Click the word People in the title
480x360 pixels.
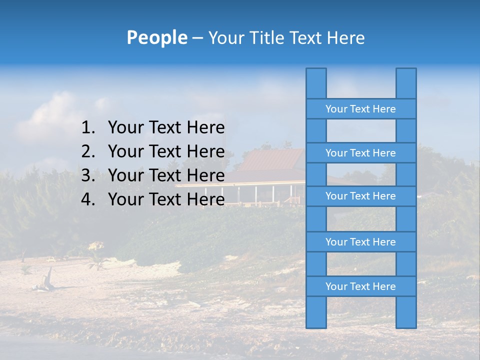pyautogui.click(x=156, y=38)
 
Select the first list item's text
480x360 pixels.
pyautogui.click(x=166, y=128)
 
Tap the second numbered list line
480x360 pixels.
pyautogui.click(x=153, y=151)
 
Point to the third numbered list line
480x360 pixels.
pyautogui.click(x=153, y=175)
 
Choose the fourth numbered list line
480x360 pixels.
pyautogui.click(x=153, y=199)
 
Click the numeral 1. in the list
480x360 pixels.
pyautogui.click(x=88, y=128)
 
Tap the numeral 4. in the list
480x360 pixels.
pyautogui.click(x=88, y=199)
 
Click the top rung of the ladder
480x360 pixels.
pyautogui.click(x=360, y=109)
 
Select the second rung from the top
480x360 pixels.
pyautogui.click(x=360, y=153)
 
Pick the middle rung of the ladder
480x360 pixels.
pyautogui.click(x=360, y=196)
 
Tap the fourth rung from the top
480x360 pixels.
pyautogui.click(x=360, y=242)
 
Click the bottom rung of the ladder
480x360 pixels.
pyautogui.click(x=360, y=286)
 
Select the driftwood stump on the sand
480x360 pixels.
pyautogui.click(x=48, y=278)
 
